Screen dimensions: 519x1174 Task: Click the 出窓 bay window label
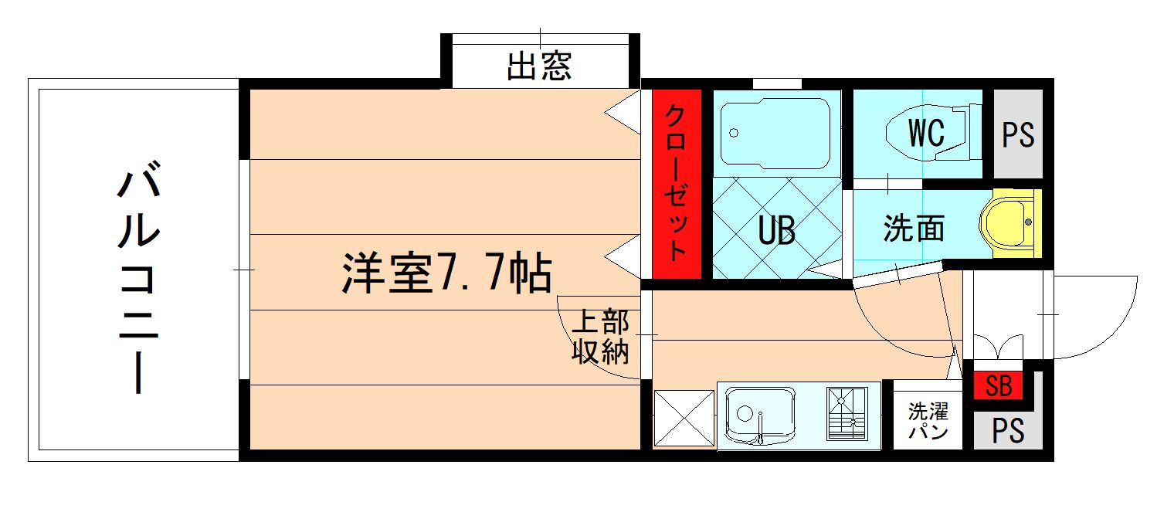pos(539,66)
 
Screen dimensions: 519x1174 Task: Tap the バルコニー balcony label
pos(139,278)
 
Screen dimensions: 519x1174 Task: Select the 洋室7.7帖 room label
pos(446,273)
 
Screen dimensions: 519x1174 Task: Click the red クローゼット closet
pos(677,184)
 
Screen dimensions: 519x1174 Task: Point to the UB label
pos(775,230)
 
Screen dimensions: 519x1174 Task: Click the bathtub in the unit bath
pos(775,132)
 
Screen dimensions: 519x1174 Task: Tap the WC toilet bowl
pos(927,133)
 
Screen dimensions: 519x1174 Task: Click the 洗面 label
pos(914,229)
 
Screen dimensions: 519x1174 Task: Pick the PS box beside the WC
pos(1018,134)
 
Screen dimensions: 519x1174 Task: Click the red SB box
pos(999,385)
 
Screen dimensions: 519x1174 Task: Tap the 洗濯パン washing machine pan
pos(928,420)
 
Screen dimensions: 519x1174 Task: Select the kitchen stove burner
pos(847,416)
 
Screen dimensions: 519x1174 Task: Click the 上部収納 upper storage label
pos(600,337)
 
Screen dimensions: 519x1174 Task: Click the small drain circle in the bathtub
pos(733,132)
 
